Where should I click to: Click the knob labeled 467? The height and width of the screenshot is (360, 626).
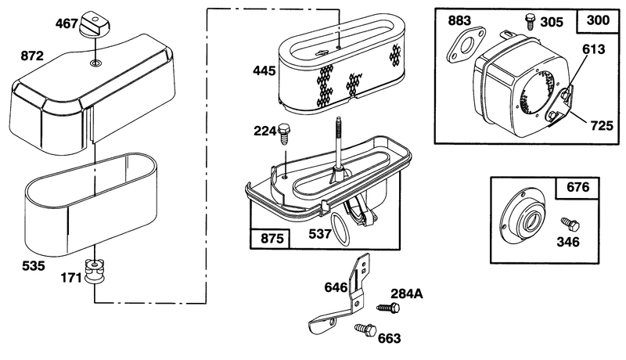[95, 25]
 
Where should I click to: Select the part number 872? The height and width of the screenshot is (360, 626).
[32, 56]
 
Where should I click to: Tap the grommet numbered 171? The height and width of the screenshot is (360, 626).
[95, 271]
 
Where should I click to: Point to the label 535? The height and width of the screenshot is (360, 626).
[34, 265]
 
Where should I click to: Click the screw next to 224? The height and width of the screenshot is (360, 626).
[284, 133]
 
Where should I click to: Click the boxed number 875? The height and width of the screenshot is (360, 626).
[272, 239]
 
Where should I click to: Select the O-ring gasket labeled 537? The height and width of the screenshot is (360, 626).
[340, 229]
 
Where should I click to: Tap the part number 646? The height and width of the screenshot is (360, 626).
[336, 287]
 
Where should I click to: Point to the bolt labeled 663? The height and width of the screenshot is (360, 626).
[365, 330]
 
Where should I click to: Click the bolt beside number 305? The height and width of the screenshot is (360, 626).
[530, 21]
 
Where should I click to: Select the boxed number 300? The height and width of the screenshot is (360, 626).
[598, 20]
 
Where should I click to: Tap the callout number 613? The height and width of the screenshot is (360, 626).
[593, 49]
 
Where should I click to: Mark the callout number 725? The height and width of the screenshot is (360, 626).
[601, 126]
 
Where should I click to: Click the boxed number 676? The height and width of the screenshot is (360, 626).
[577, 187]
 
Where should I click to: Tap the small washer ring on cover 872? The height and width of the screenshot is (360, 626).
[95, 63]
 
